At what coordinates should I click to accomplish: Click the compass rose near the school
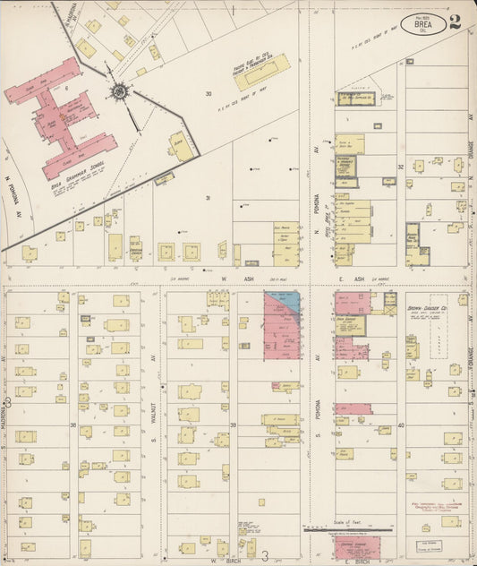(x=119, y=90)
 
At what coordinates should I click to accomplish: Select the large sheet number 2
(x=456, y=21)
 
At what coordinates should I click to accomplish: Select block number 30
(x=208, y=93)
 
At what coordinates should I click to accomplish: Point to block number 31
(x=208, y=198)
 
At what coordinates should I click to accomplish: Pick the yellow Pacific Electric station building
(x=262, y=73)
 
